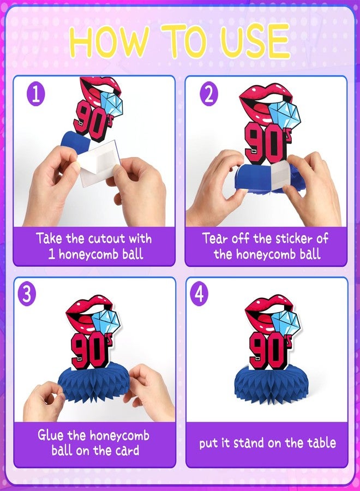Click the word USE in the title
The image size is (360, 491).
coord(255,41)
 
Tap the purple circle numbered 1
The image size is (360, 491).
coord(36,94)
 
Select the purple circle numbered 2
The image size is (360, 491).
coord(209,94)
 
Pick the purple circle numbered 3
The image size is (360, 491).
coord(27,294)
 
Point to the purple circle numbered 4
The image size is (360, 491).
coord(199,294)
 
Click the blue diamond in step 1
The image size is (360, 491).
coord(111,105)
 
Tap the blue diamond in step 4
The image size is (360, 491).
coord(286,325)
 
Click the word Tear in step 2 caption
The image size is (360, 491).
coord(215,238)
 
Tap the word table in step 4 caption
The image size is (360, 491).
coord(321,443)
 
